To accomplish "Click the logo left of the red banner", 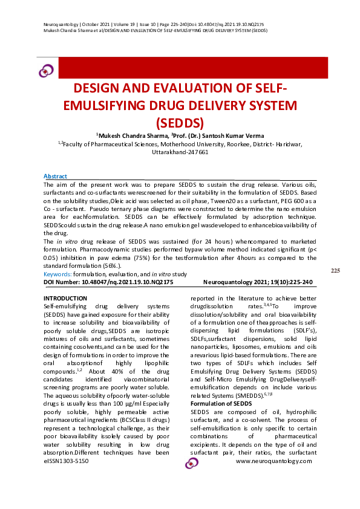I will click(46, 71).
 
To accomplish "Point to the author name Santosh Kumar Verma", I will click(232, 135).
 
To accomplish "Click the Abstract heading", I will click(56, 175).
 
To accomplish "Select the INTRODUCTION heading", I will click(65, 299).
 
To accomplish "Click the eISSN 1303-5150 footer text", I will click(67, 461).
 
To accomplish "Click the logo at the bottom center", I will click(192, 462).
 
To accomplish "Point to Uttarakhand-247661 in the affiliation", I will click(180, 152).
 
